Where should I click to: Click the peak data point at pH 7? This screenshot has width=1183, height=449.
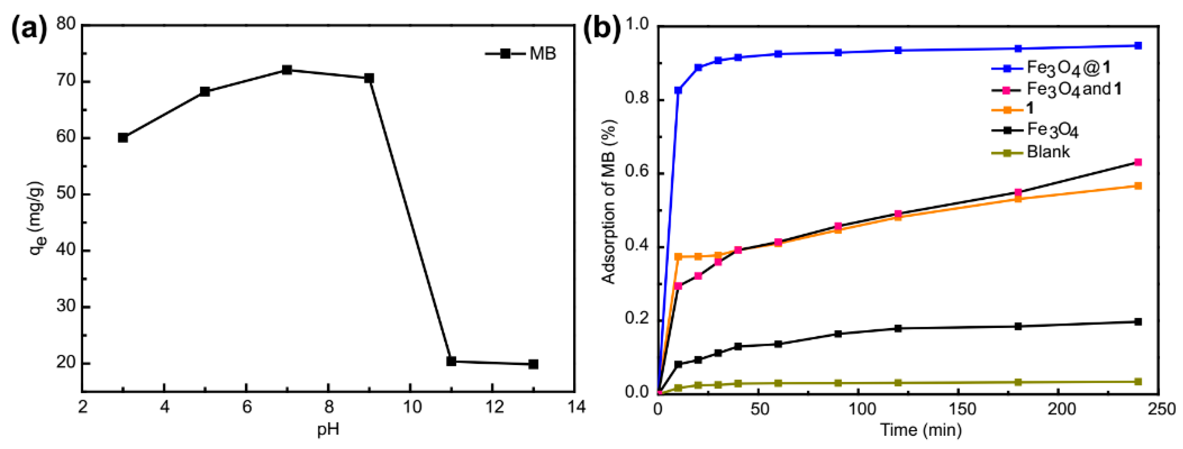287,70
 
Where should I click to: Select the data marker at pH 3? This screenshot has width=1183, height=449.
123,138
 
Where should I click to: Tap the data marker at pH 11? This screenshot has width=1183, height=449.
451,361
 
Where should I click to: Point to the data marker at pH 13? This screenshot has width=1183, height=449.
533,364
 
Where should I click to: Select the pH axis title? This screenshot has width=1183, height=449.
328,430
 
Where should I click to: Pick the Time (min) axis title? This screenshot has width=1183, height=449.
921,430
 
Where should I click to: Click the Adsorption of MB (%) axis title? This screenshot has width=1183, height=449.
609,202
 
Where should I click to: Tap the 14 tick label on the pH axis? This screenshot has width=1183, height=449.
576,407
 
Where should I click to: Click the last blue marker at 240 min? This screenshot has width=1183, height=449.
1138,45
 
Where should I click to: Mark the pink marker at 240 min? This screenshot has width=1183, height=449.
1138,163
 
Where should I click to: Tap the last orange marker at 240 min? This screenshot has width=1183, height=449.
1138,186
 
